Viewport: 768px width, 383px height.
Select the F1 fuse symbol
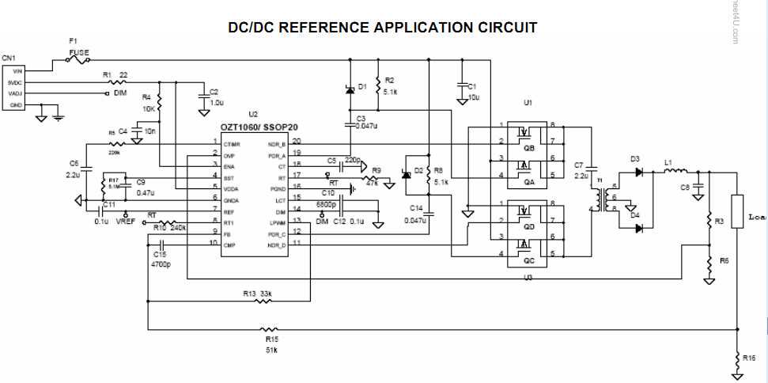78,59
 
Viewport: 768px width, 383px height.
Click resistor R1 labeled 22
117,81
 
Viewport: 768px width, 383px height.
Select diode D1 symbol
350,89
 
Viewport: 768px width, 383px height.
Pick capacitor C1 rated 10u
461,89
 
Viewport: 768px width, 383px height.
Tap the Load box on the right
738,212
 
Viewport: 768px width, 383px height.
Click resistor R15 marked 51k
270,329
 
